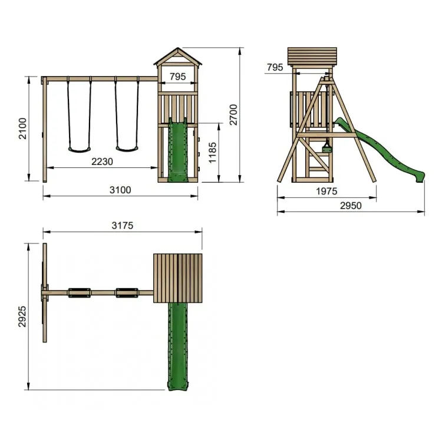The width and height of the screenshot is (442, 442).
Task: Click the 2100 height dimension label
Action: [22, 128]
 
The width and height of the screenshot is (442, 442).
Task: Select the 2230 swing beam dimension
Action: [102, 161]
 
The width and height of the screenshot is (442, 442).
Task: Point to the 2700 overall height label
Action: [233, 114]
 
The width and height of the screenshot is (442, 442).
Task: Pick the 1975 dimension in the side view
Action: [326, 192]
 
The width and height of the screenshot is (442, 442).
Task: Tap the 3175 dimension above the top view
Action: [123, 225]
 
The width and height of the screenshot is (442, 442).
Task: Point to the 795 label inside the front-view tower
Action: [178, 76]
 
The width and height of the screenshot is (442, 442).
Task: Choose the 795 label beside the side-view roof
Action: [275, 68]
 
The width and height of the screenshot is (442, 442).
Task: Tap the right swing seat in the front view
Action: [126, 149]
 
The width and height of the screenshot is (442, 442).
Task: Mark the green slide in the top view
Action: [177, 345]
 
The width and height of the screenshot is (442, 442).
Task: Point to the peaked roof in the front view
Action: [177, 57]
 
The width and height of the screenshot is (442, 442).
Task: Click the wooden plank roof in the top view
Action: [177, 278]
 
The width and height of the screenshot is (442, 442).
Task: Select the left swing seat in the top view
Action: [79, 292]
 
